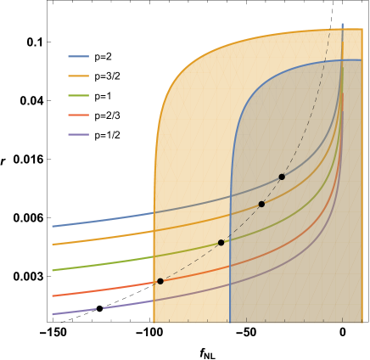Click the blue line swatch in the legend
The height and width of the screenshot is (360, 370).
tap(78, 57)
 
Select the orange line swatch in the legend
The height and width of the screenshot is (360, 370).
tap(78, 76)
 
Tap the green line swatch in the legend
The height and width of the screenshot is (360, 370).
tap(78, 95)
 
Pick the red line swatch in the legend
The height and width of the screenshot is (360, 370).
tap(78, 115)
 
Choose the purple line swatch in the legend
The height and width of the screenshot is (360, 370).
tap(78, 134)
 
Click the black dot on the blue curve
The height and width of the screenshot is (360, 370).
tap(282, 177)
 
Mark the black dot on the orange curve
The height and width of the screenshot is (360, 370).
tap(261, 204)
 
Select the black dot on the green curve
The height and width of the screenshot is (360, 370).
tap(221, 243)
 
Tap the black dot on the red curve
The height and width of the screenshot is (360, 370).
tap(160, 281)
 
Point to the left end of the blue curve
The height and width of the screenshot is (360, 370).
tap(53, 227)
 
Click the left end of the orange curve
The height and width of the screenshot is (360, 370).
tap(53, 245)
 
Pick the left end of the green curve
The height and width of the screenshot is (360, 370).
tap(53, 270)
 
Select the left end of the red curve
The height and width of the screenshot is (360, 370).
tap(53, 295)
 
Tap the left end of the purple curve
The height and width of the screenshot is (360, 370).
tap(53, 314)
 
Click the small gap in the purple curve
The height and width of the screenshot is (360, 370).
tap(103, 308)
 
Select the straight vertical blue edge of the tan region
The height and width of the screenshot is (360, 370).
tap(230, 255)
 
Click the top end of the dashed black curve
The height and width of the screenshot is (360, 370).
tap(329, 31)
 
